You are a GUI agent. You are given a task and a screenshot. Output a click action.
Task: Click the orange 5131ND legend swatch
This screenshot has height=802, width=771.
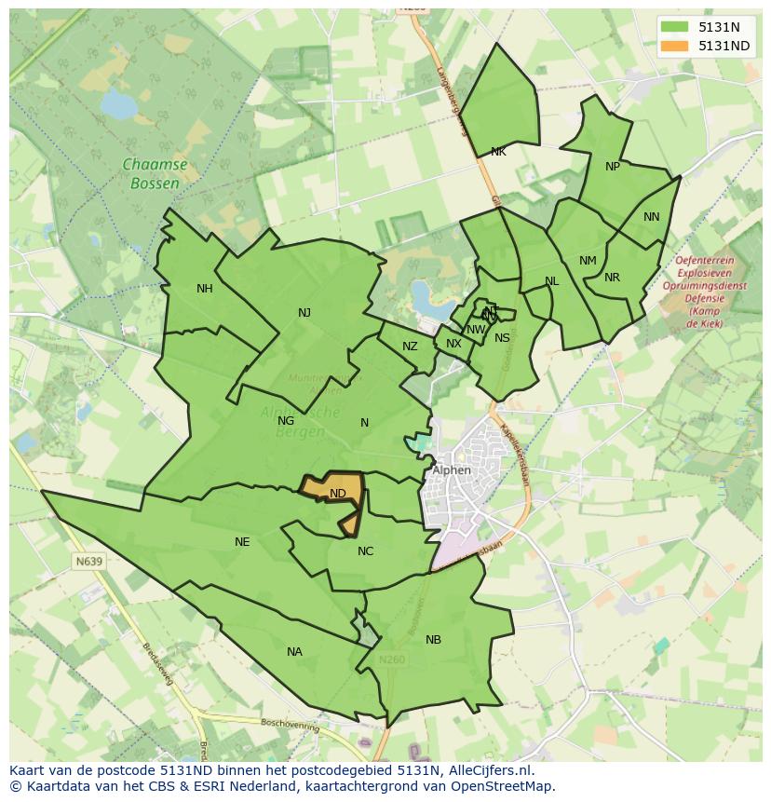675,46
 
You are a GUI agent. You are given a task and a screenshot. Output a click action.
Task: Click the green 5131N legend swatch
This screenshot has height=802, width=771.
675,27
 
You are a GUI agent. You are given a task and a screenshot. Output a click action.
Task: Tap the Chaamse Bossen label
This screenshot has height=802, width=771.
155,173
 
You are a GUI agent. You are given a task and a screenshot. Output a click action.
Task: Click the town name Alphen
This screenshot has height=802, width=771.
452,470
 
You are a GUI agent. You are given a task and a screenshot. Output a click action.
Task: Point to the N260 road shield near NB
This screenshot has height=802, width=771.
392,659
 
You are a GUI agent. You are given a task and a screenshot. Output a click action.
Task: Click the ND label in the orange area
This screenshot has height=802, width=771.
338,494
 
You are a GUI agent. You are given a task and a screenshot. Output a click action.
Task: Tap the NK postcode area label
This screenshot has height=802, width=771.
498,152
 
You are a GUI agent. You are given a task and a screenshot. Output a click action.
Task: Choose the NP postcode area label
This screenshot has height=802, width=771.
612,167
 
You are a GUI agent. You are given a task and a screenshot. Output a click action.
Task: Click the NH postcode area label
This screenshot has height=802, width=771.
204,289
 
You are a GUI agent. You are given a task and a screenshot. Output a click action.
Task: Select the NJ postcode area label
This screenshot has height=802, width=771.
304,313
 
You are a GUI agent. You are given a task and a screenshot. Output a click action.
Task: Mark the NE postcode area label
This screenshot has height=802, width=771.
242,542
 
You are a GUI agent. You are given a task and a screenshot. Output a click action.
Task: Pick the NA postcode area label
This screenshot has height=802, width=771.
294,652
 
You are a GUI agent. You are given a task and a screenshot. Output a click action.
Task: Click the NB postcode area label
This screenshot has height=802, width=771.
433,640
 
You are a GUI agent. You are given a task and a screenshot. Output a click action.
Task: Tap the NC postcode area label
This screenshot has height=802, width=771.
365,551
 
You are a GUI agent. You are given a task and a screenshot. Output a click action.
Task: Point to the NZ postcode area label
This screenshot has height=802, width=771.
410,347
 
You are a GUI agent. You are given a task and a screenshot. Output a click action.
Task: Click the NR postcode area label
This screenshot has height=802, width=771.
612,278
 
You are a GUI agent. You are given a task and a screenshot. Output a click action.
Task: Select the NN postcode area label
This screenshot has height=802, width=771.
651,217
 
